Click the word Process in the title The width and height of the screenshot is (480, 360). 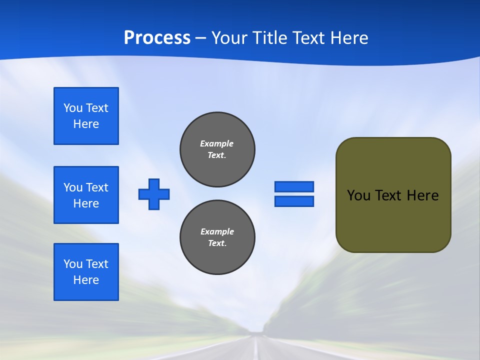pyautogui.click(x=157, y=38)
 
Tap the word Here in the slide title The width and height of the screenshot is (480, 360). pyautogui.click(x=349, y=38)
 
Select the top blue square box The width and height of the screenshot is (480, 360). pyautogui.click(x=86, y=116)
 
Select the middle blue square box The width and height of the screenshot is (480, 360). pyautogui.click(x=86, y=195)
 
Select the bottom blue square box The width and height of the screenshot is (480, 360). pyautogui.click(x=86, y=272)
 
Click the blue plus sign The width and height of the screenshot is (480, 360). pyautogui.click(x=154, y=194)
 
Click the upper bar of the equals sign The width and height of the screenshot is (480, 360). pyautogui.click(x=294, y=186)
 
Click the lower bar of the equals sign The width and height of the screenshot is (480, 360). pyautogui.click(x=294, y=201)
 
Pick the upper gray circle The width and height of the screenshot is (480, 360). pyautogui.click(x=217, y=149)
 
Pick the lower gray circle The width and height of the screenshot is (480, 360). pyautogui.click(x=217, y=237)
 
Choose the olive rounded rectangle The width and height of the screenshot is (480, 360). pyautogui.click(x=393, y=195)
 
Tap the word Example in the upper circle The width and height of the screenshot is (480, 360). pyautogui.click(x=217, y=143)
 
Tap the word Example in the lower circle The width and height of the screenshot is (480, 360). pyautogui.click(x=217, y=231)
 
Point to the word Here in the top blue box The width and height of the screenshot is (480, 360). pyautogui.click(x=86, y=124)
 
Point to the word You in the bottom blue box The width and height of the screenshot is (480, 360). pyautogui.click(x=72, y=264)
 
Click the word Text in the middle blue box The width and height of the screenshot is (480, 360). pyautogui.click(x=97, y=187)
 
